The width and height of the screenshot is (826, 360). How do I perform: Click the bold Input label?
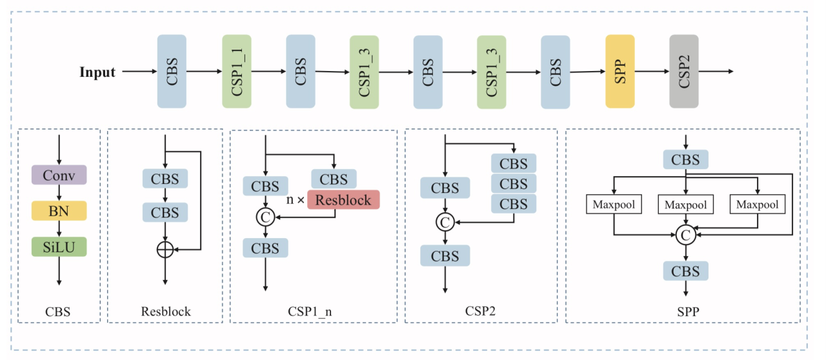coord(97,72)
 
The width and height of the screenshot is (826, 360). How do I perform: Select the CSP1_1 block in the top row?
coord(236,71)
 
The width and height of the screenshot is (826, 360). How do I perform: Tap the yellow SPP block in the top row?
coord(619,71)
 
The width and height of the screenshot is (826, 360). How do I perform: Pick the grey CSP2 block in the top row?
coord(684,71)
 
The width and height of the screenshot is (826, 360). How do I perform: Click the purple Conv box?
coord(59,175)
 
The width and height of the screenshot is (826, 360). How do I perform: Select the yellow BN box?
coord(59,210)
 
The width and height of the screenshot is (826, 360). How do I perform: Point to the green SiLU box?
coord(59,246)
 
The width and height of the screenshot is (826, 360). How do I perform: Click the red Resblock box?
coord(343,199)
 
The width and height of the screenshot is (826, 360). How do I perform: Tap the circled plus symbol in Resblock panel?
coord(166,250)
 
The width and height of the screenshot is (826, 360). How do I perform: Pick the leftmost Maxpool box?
coord(613,205)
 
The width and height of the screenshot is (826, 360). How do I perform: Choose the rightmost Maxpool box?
coord(758,205)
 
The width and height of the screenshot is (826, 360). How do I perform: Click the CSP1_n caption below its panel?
coord(310,312)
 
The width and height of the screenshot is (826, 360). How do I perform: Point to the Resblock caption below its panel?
coord(166,312)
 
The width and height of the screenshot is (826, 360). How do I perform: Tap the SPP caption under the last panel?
coord(685,312)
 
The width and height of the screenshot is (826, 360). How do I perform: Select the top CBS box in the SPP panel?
coord(685,159)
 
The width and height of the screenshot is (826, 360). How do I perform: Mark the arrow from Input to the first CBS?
coord(138,72)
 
